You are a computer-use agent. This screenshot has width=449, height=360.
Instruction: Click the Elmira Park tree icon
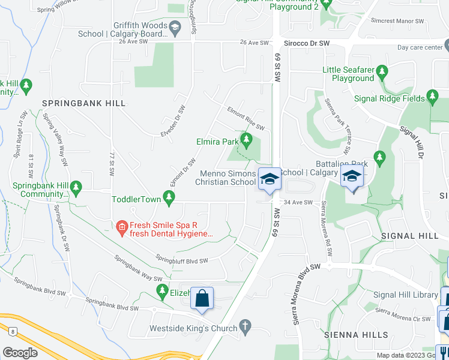coord(246,142)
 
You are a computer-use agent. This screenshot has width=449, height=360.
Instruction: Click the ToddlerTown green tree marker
coord(169,197)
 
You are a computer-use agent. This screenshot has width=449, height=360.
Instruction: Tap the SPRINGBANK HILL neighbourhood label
coord(84,103)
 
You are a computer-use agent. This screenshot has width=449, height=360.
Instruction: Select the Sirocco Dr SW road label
coord(306,43)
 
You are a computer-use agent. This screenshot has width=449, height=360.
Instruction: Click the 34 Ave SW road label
coord(299,202)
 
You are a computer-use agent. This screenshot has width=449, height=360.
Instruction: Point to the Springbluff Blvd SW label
coord(182,260)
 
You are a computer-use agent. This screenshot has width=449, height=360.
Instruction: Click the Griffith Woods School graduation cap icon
coord(174,26)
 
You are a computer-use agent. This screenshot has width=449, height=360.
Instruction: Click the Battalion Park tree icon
coord(379,158)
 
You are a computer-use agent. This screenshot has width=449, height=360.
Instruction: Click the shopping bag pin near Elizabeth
coord(202,298)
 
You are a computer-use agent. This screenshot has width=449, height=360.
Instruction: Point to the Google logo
coord(20,352)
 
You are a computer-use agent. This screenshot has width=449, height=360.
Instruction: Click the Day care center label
coord(419,47)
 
